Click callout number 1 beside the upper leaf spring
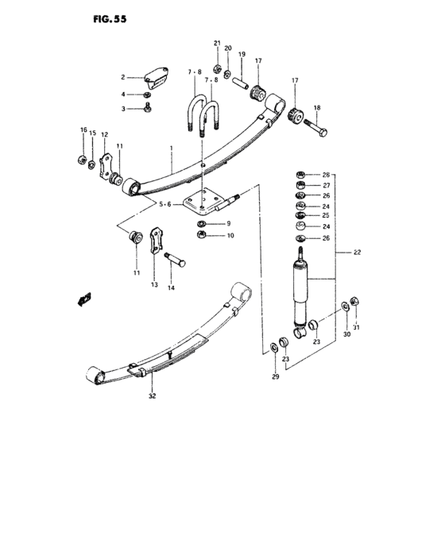(170, 149)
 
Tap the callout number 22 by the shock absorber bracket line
(357, 252)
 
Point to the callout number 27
(325, 185)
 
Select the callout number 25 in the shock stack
(325, 216)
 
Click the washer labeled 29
(274, 345)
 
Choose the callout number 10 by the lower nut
(230, 236)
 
